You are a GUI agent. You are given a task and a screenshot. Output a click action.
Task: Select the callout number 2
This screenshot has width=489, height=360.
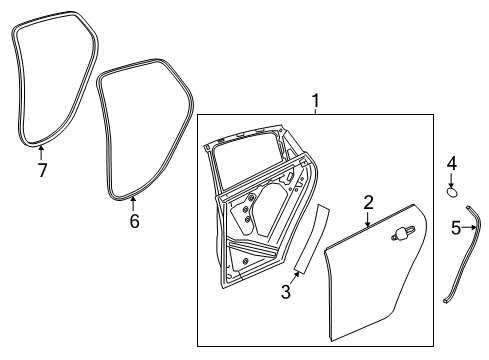click(x=368, y=203)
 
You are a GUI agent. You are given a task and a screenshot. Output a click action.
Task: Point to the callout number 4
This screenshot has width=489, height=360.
click(x=452, y=162)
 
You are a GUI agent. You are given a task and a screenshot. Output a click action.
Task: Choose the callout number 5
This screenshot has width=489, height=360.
click(x=455, y=228)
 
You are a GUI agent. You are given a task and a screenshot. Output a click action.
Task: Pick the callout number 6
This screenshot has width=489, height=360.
click(x=134, y=221)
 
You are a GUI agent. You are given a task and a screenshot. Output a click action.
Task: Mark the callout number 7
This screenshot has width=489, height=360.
click(x=42, y=169)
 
